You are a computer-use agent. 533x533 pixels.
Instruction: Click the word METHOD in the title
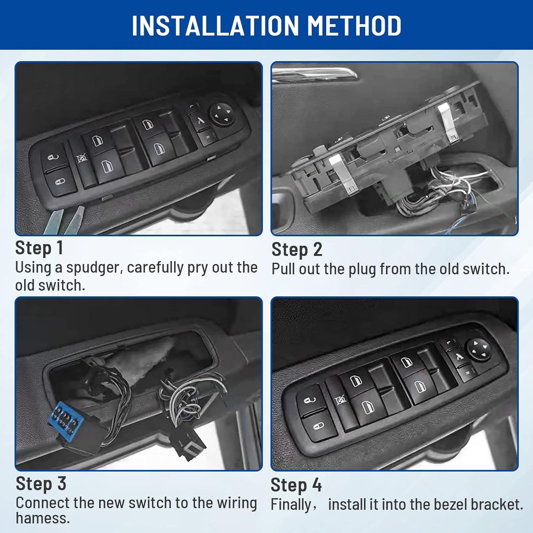coord(354,26)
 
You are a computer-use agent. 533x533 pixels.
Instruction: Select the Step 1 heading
coord(39,248)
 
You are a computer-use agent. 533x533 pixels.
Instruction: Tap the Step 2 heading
coord(297,249)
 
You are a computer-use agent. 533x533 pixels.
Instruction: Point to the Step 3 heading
coord(41,484)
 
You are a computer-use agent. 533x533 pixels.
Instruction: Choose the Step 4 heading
coord(296,485)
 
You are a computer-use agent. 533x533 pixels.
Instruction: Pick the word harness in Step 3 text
coord(43,518)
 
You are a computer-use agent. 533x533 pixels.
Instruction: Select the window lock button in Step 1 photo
coord(82,158)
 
